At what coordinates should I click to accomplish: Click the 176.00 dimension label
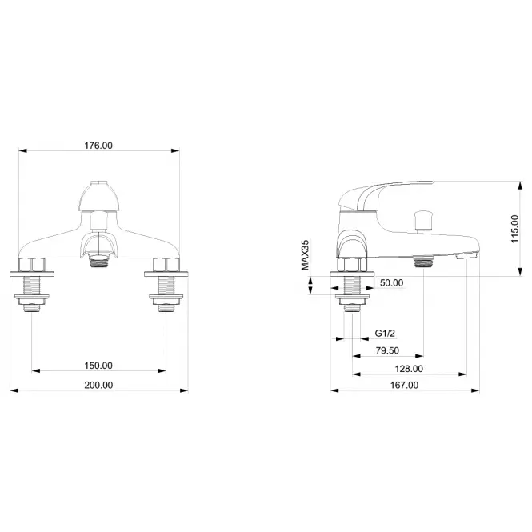pyautogui.click(x=98, y=146)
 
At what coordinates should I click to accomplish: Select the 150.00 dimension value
pyautogui.click(x=98, y=366)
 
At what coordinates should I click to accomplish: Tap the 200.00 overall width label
pyautogui.click(x=98, y=386)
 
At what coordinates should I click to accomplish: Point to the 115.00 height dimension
pyautogui.click(x=514, y=229)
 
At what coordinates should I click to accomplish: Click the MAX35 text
pyautogui.click(x=306, y=255)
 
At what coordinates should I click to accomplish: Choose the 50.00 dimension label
pyautogui.click(x=391, y=283)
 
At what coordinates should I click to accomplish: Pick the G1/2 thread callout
pyautogui.click(x=385, y=333)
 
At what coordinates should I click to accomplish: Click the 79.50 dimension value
pyautogui.click(x=387, y=351)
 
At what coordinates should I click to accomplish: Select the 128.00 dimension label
pyautogui.click(x=409, y=369)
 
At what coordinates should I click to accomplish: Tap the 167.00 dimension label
pyautogui.click(x=404, y=386)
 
